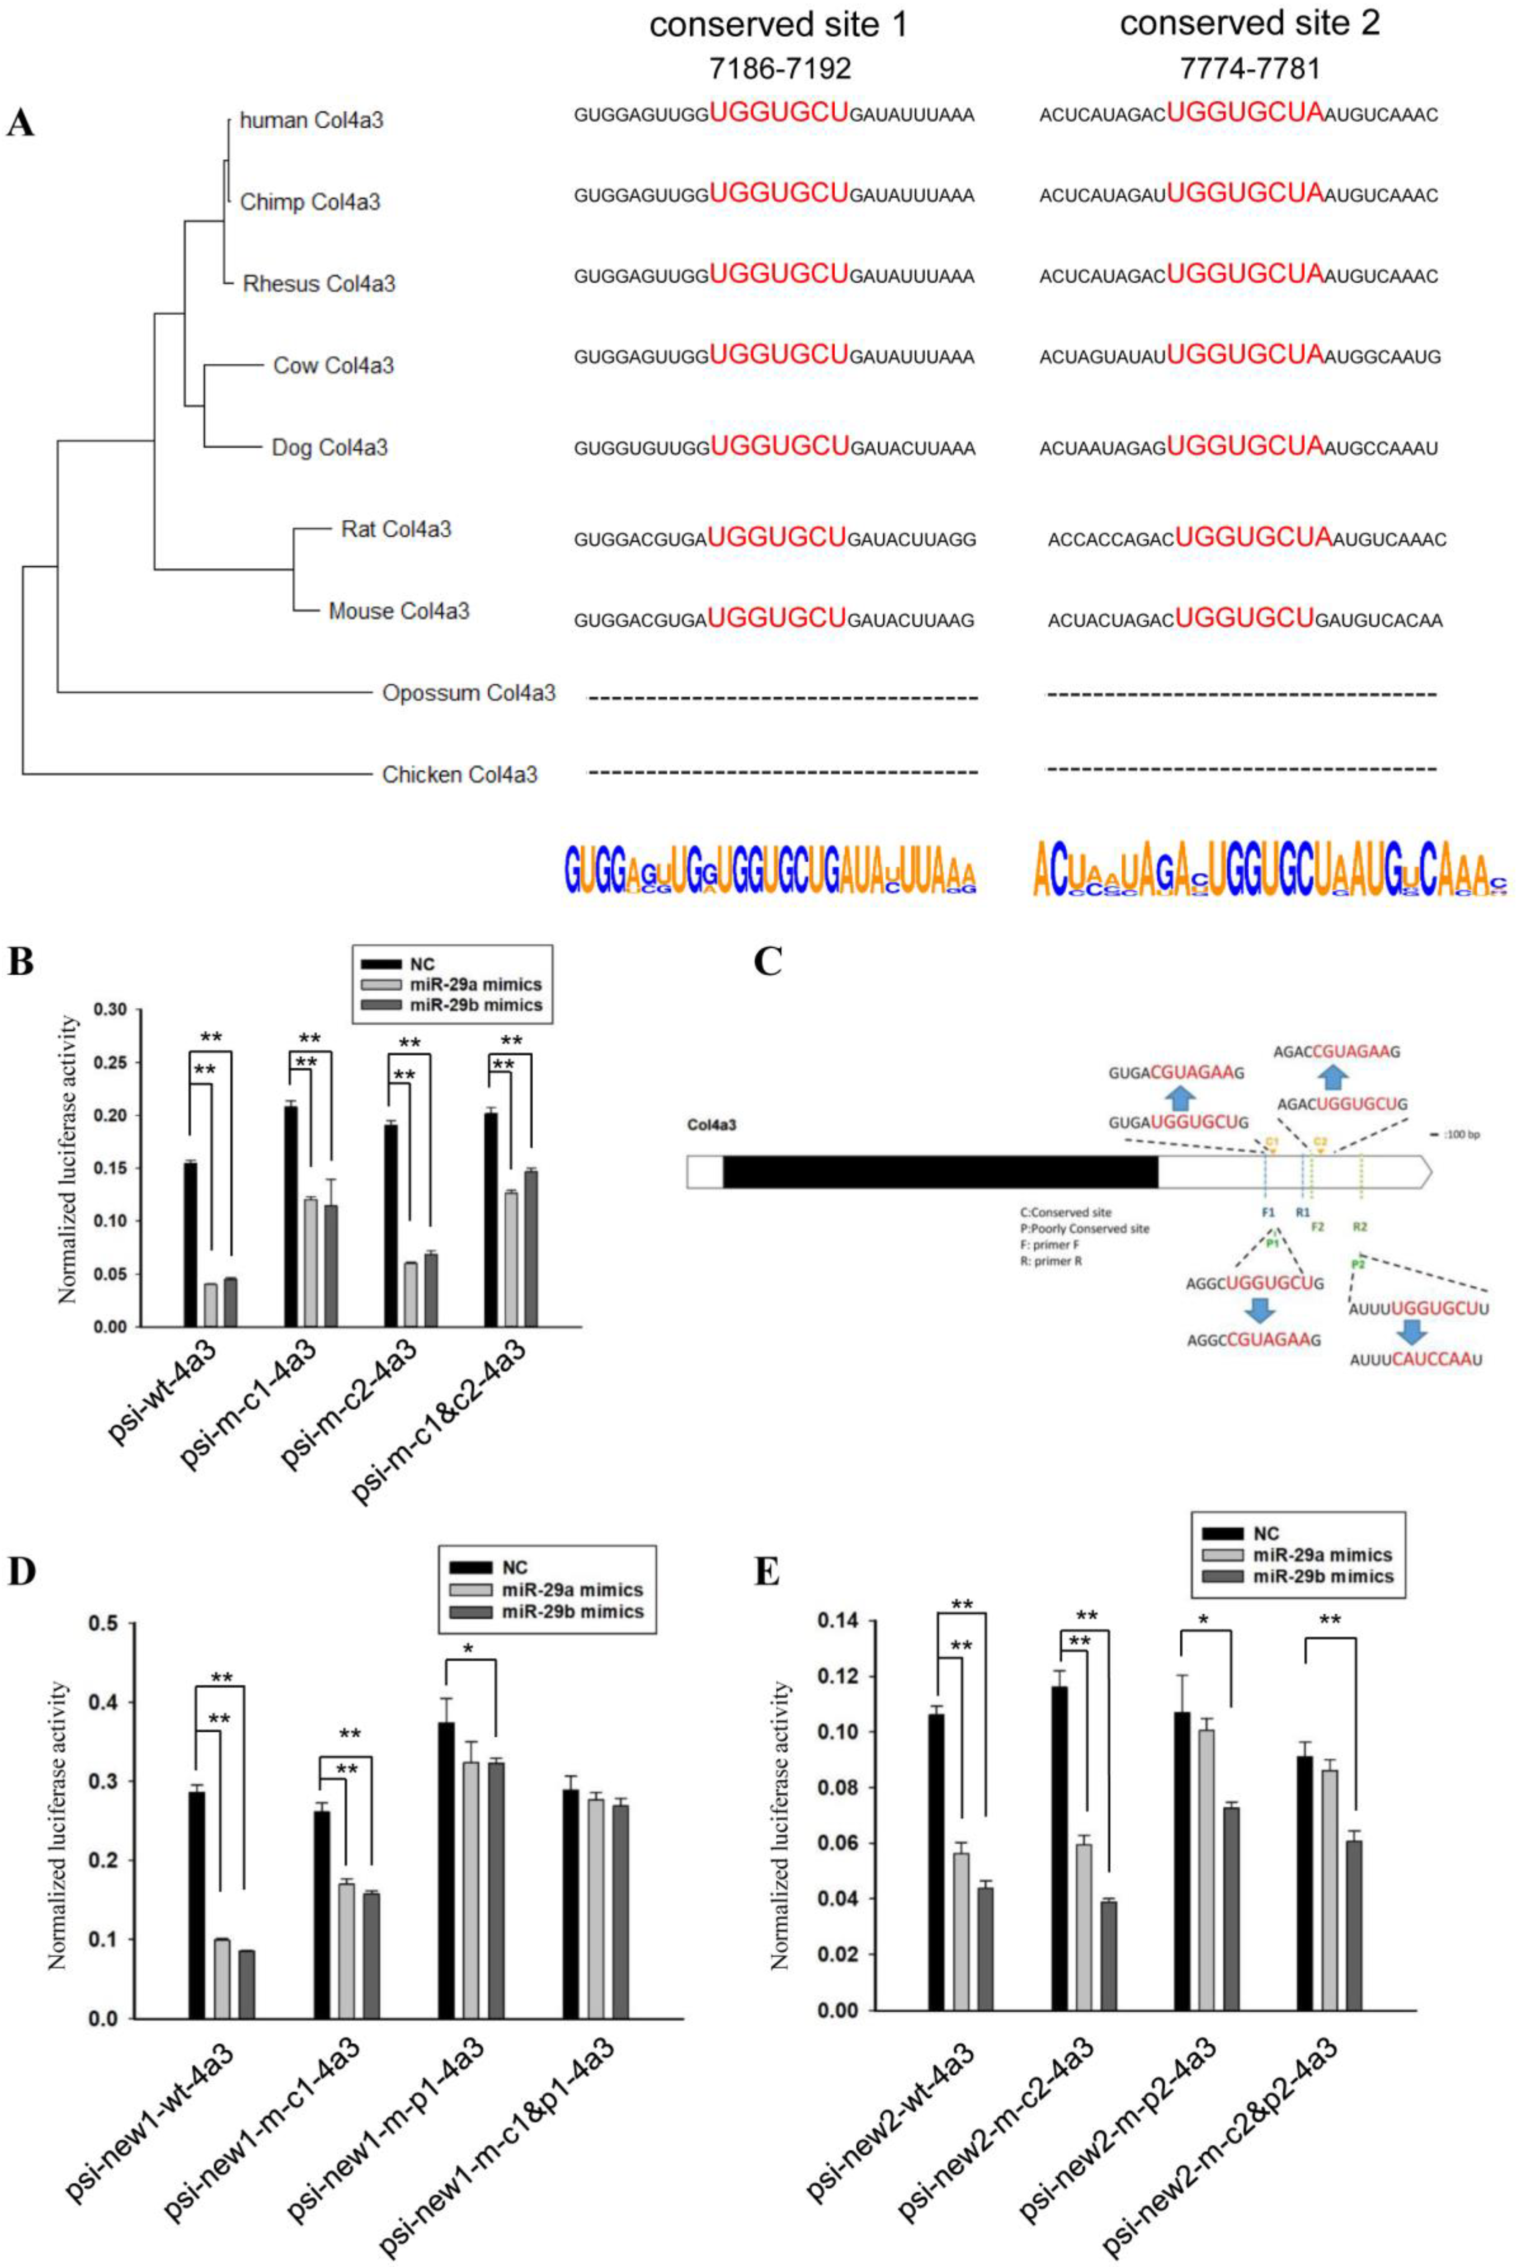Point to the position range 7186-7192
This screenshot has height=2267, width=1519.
click(779, 68)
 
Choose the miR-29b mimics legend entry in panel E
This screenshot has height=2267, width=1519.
click(1322, 1576)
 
